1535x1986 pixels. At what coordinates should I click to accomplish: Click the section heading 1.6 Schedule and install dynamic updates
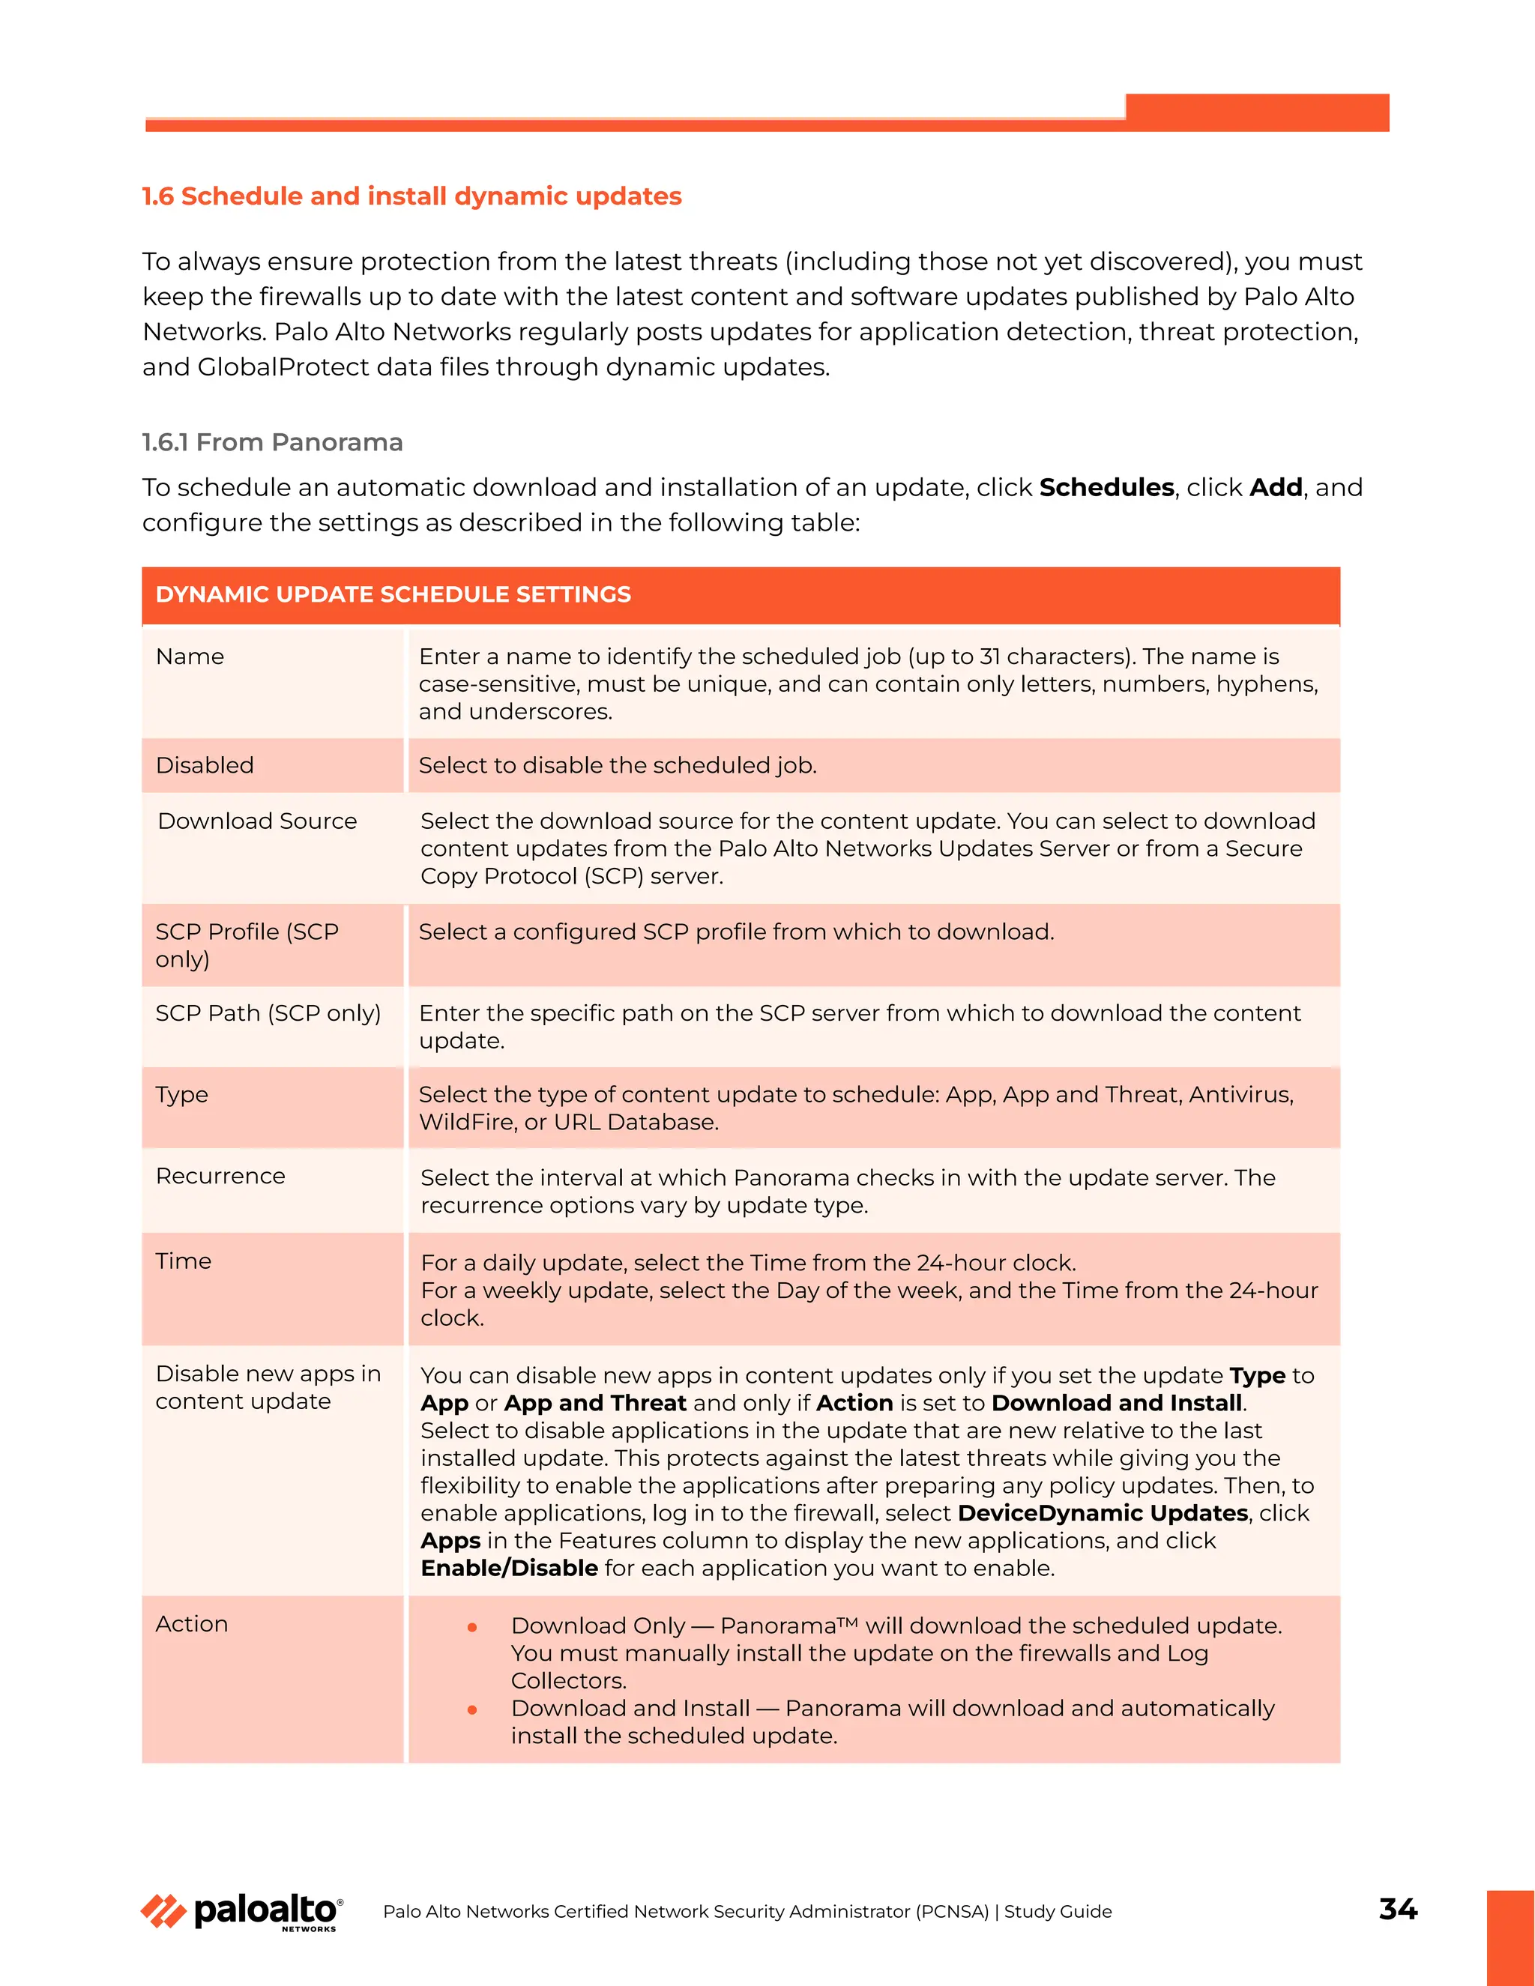[x=411, y=196]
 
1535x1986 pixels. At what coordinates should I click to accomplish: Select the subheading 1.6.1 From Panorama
[x=272, y=443]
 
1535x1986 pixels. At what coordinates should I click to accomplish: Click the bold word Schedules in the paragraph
[x=1106, y=489]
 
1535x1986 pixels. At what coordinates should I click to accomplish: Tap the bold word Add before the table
[x=1275, y=489]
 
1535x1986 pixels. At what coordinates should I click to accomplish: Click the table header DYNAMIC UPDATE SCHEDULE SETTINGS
[x=393, y=595]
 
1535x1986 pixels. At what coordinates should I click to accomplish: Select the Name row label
[x=189, y=657]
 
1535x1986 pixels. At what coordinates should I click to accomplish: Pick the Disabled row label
[x=205, y=766]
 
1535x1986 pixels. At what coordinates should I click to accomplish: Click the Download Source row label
[x=256, y=821]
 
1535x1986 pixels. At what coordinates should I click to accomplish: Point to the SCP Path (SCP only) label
[x=268, y=1013]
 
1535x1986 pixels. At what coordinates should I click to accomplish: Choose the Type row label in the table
[x=182, y=1095]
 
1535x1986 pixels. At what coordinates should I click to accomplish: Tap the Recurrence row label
[x=220, y=1177]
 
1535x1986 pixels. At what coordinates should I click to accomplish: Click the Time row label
[x=183, y=1261]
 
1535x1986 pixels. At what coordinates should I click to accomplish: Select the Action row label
[x=191, y=1624]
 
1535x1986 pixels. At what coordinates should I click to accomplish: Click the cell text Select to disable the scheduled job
[x=618, y=766]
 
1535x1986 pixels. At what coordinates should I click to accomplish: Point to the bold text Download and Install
[x=1116, y=1403]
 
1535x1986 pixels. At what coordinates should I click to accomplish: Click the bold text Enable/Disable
[x=508, y=1569]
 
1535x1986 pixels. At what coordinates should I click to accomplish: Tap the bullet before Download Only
[x=472, y=1628]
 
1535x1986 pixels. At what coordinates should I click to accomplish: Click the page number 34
[x=1397, y=1908]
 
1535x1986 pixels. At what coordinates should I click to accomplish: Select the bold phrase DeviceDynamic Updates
[x=1102, y=1513]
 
